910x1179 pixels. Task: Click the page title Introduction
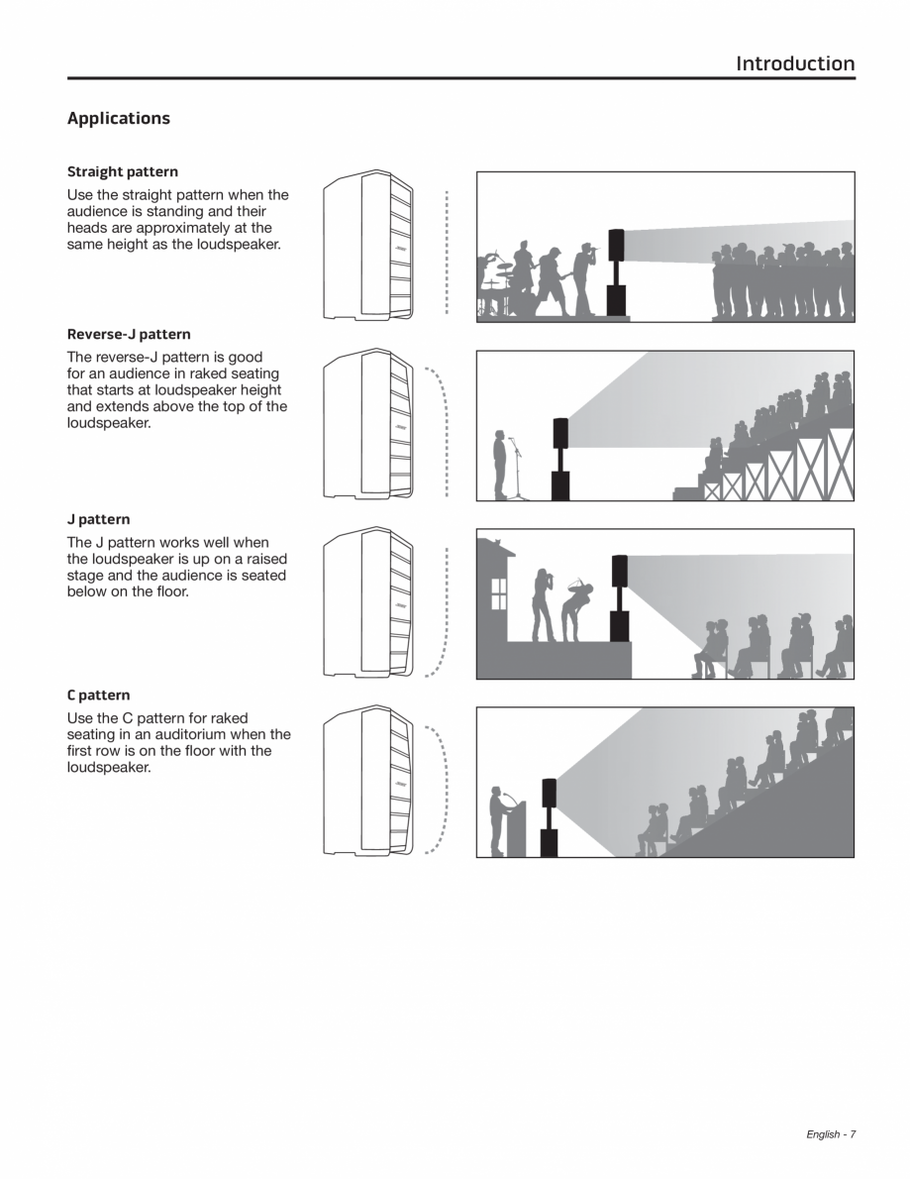click(x=795, y=63)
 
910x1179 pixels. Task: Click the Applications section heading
click(x=119, y=118)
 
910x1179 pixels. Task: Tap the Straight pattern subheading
click(x=123, y=171)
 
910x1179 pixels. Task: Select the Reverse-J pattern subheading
click(x=129, y=334)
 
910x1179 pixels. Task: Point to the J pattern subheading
click(x=99, y=519)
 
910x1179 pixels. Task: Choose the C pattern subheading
click(x=99, y=695)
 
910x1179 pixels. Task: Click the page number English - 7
click(x=831, y=1133)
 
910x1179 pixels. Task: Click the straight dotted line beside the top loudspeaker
click(x=447, y=253)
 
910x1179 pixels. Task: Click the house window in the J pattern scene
click(x=499, y=593)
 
